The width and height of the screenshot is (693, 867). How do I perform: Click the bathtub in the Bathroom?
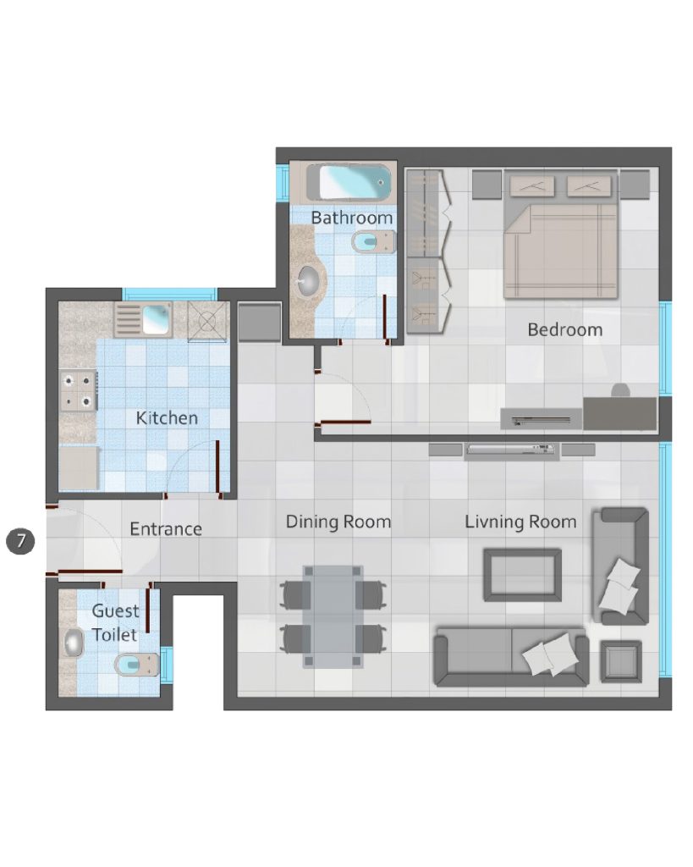click(348, 183)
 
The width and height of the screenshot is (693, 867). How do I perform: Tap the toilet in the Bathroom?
click(373, 241)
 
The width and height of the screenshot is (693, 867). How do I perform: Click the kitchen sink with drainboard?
click(143, 319)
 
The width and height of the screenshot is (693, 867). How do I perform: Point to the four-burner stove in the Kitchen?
click(78, 391)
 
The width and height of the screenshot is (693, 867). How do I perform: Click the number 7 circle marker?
click(20, 540)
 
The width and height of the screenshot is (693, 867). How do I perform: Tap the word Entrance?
click(166, 529)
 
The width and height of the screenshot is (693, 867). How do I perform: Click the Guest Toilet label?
click(114, 622)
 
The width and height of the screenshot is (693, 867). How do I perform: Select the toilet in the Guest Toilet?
click(136, 664)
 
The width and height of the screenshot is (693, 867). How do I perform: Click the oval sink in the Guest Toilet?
click(73, 643)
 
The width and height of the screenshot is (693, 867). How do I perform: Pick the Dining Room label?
click(338, 522)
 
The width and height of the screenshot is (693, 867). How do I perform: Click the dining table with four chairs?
click(333, 616)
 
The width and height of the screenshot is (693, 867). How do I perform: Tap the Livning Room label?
click(520, 522)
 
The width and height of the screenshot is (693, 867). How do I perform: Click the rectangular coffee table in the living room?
click(522, 575)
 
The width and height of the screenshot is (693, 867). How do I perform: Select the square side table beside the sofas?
click(621, 661)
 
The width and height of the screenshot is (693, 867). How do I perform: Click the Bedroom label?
click(564, 329)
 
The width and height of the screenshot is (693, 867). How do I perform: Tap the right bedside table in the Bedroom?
click(635, 184)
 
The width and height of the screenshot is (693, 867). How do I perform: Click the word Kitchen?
click(167, 418)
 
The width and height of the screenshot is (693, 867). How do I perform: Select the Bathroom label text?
click(351, 218)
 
